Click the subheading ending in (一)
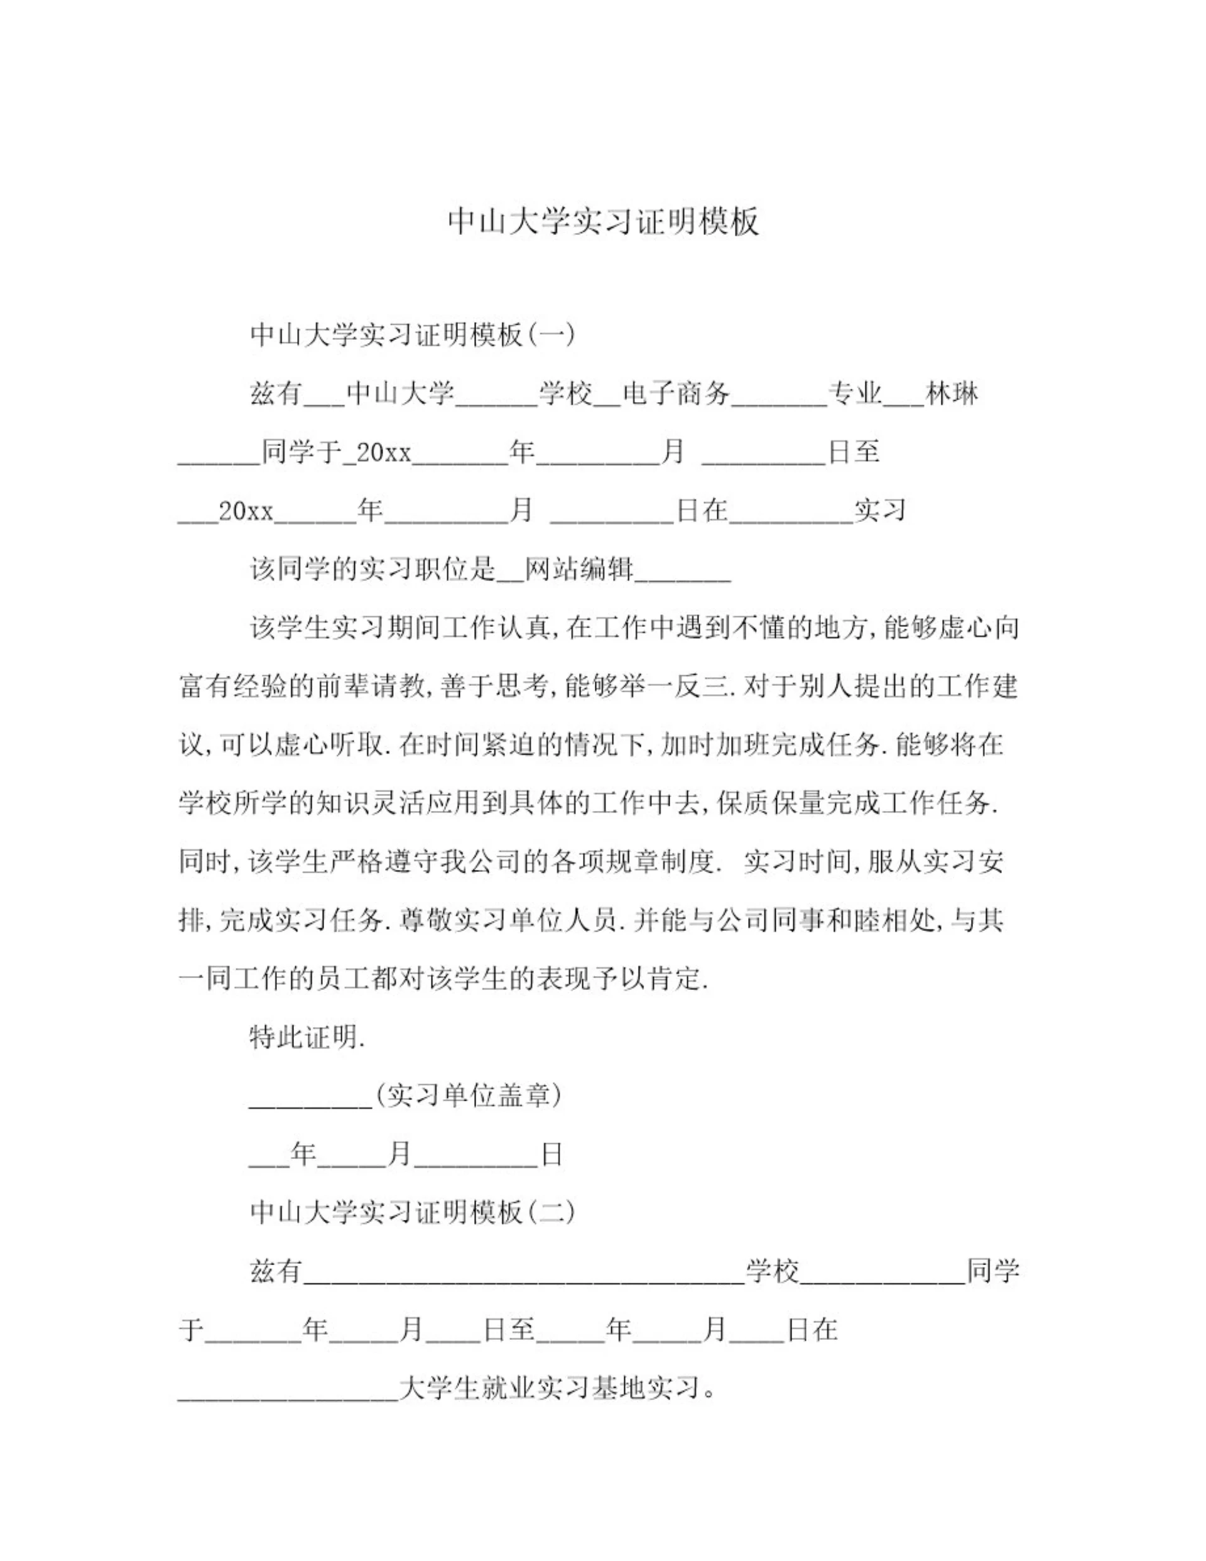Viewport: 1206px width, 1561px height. [413, 334]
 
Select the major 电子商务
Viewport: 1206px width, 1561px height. [676, 393]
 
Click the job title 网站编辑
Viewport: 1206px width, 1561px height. [579, 568]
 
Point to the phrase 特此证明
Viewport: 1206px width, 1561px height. [307, 1036]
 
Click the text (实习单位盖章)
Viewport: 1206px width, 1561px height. [468, 1095]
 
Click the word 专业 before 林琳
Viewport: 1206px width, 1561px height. [855, 393]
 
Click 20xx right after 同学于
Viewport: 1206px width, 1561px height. [384, 452]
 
